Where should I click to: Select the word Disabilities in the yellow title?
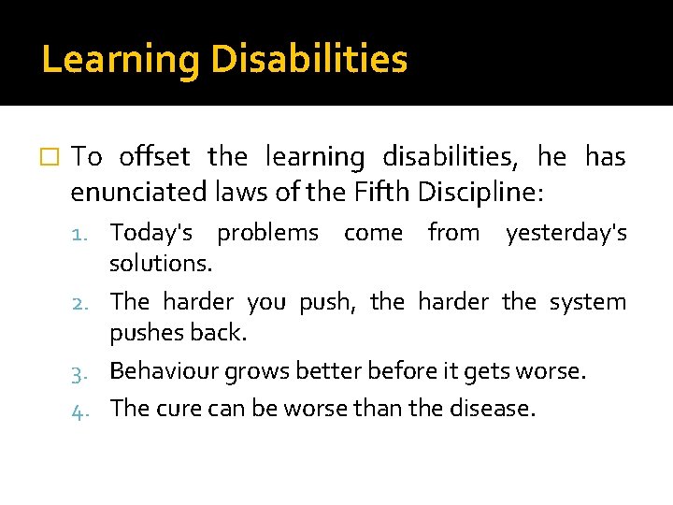[309, 60]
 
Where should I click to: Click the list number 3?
[87, 372]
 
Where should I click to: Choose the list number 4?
[87, 409]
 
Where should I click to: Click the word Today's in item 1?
[150, 232]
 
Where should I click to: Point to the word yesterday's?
[566, 232]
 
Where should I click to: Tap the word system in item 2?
[588, 302]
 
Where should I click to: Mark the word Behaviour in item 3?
[155, 371]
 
